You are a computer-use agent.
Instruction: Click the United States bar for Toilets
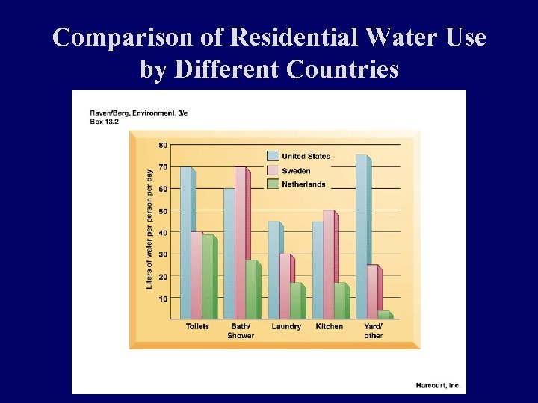[186, 243]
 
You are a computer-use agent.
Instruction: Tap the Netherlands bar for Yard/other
[383, 315]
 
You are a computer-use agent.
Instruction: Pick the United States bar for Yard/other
[362, 237]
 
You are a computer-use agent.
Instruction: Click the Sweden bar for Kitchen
[328, 265]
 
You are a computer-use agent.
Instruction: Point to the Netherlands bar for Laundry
[295, 301]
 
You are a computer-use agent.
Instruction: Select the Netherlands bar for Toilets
[208, 277]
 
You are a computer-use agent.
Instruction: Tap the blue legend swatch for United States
[273, 156]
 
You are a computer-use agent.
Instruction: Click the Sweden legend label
[296, 171]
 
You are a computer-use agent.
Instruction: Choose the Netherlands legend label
[303, 184]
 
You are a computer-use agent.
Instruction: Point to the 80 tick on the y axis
[163, 144]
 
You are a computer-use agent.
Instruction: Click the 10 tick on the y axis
[163, 298]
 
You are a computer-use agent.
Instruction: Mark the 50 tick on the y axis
[163, 210]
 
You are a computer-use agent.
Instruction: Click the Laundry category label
[286, 326]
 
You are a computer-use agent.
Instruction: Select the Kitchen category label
[329, 326]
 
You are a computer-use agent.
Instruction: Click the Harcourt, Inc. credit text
[438, 386]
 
